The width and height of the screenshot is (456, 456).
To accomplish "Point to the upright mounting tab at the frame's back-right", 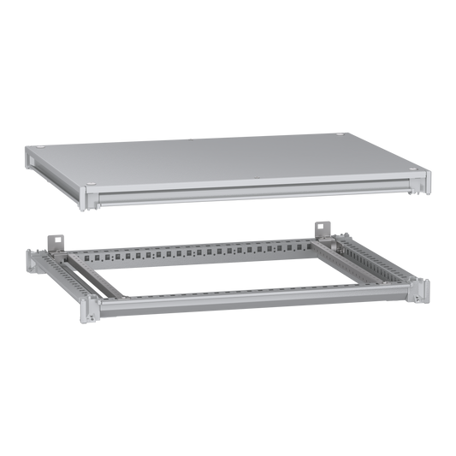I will [x=323, y=227].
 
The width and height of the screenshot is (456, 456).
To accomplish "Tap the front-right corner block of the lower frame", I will [x=421, y=290].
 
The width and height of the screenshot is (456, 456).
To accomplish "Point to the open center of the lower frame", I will [x=231, y=274].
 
